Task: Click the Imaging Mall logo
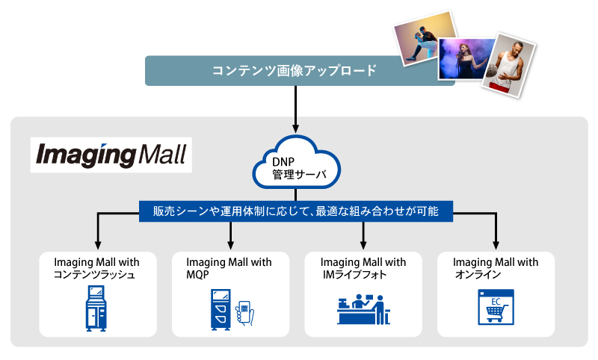(x=111, y=155)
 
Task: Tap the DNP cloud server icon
(x=296, y=163)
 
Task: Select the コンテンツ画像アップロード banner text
(x=294, y=70)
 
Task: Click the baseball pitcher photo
(x=425, y=39)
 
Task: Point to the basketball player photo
(x=509, y=65)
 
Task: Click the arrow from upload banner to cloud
(x=295, y=109)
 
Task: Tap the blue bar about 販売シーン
(x=295, y=211)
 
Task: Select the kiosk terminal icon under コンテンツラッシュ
(x=96, y=308)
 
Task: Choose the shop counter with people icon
(x=363, y=309)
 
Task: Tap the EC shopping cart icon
(x=496, y=307)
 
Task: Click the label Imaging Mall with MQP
(x=229, y=268)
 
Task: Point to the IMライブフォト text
(x=354, y=274)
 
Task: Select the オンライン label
(x=478, y=274)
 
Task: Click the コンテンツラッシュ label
(x=94, y=274)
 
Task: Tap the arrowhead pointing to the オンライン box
(x=496, y=245)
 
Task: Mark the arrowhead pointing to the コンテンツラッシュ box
(x=98, y=245)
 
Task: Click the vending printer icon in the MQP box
(x=221, y=309)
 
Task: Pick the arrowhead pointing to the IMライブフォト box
(x=363, y=245)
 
